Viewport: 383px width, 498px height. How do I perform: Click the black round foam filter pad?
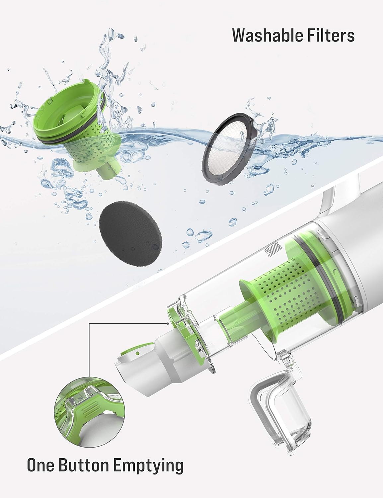[130, 235]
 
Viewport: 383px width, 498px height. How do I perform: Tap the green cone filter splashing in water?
[77, 129]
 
